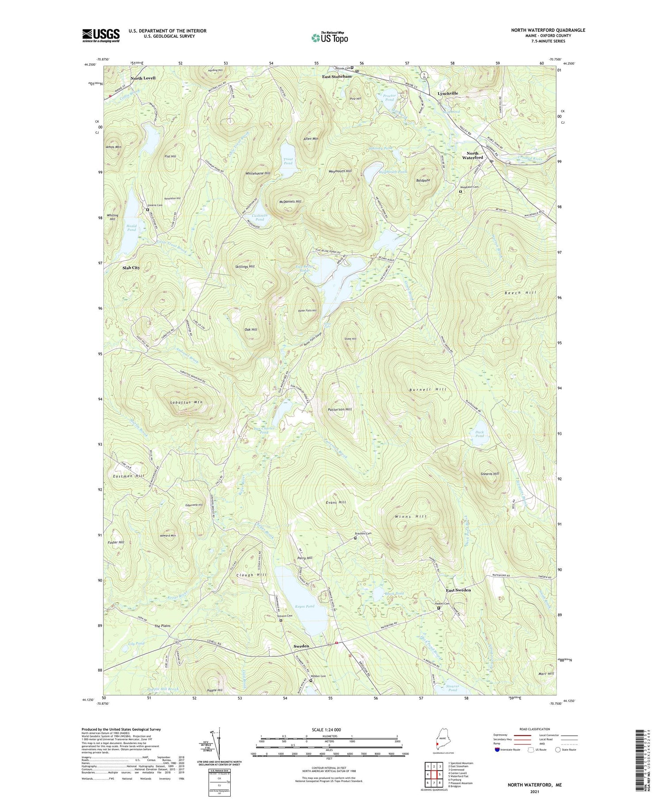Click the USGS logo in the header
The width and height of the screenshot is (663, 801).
click(x=101, y=35)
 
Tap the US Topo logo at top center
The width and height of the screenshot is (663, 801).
click(x=329, y=38)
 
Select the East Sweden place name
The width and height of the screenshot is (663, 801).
click(x=458, y=590)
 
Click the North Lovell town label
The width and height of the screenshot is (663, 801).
click(x=143, y=78)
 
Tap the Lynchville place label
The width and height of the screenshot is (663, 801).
click(x=448, y=94)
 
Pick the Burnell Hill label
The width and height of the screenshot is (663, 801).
click(x=428, y=390)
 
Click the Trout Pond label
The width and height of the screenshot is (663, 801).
click(x=288, y=161)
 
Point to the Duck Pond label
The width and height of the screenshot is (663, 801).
click(x=480, y=434)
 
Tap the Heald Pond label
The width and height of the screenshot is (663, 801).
click(x=132, y=228)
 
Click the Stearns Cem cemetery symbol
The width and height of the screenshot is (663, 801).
click(x=148, y=210)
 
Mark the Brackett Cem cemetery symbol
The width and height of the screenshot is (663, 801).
click(x=355, y=538)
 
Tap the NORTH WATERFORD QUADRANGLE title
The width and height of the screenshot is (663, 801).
click(x=548, y=30)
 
